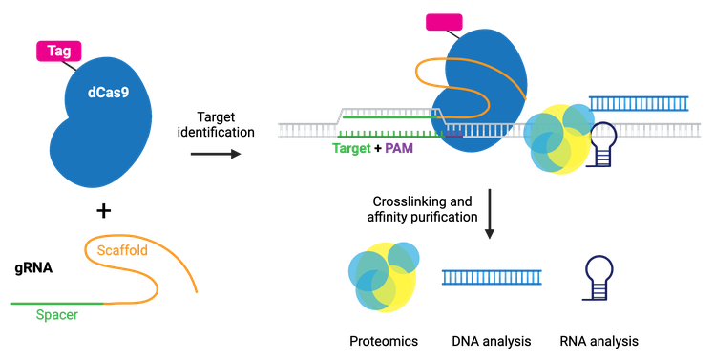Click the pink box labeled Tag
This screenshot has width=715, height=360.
58,50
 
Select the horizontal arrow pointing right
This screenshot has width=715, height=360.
215,153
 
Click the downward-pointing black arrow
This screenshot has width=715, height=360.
489,214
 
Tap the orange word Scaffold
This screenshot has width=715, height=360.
125,250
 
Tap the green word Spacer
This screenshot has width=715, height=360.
56,314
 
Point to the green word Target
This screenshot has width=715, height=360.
352,149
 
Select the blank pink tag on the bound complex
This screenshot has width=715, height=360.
444,22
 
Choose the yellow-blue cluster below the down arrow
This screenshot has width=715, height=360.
382,277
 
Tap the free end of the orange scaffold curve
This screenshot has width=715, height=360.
198,291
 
